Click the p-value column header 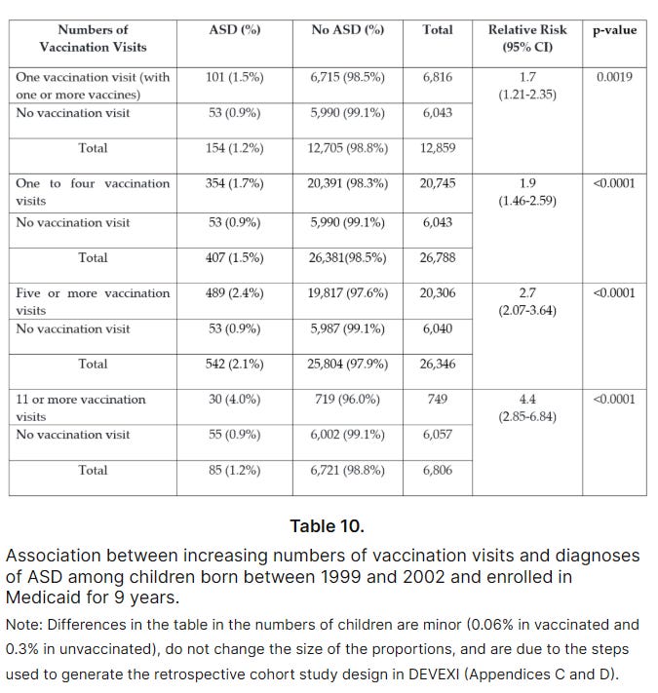coord(614,30)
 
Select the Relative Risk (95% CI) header coord(527,38)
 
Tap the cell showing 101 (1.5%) coord(234,77)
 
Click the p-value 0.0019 coord(614,76)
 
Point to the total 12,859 coord(438,148)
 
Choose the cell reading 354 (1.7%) coord(234,183)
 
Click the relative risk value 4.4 coord(527,399)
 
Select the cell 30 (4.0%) coord(234,399)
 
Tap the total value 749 coord(438,399)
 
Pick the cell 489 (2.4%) coord(234,292)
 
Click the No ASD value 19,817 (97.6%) coord(347,292)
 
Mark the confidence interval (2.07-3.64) coord(527,311)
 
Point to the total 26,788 coord(438,258)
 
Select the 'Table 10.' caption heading coord(328,526)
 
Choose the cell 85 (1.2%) coord(234,470)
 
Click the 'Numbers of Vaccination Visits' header coord(92,38)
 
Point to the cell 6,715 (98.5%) coord(347,77)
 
